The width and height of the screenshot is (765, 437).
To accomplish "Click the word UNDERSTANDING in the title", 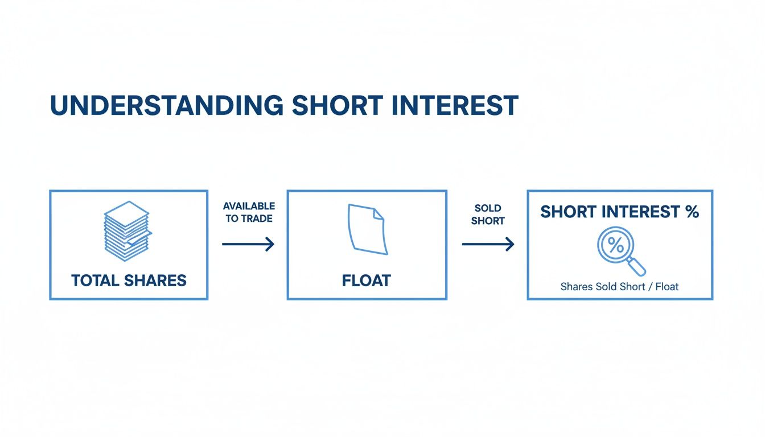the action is pyautogui.click(x=167, y=105).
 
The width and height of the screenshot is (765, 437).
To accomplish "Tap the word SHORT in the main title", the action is pyautogui.click(x=338, y=105).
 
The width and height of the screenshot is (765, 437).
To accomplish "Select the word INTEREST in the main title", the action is pyautogui.click(x=455, y=105).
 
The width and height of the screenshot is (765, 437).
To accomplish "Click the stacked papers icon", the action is pyautogui.click(x=127, y=231).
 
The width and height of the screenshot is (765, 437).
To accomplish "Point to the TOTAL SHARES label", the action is pyautogui.click(x=129, y=281).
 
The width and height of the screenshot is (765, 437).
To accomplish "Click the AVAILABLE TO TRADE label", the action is pyautogui.click(x=249, y=212).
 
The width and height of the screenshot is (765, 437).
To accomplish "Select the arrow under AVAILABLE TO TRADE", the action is pyautogui.click(x=248, y=244).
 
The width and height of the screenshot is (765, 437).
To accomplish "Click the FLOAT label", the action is pyautogui.click(x=367, y=281).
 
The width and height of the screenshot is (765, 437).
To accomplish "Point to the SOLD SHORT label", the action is pyautogui.click(x=488, y=215).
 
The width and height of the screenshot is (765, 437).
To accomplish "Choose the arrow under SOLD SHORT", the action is pyautogui.click(x=488, y=244).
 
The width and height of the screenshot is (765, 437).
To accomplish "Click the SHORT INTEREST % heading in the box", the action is pyautogui.click(x=620, y=212).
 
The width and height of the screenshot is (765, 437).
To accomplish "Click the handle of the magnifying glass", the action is pyautogui.click(x=636, y=266).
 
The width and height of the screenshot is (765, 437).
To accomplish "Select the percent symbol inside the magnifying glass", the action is pyautogui.click(x=616, y=245).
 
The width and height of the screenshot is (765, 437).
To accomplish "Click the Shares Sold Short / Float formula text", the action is pyautogui.click(x=619, y=287).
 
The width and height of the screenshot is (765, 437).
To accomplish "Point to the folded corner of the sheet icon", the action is pyautogui.click(x=379, y=214).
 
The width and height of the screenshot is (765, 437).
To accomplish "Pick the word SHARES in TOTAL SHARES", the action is pyautogui.click(x=155, y=281).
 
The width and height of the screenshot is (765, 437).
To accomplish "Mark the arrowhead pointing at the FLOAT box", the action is pyautogui.click(x=270, y=244).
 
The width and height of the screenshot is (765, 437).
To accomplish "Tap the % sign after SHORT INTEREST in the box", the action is pyautogui.click(x=692, y=212).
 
